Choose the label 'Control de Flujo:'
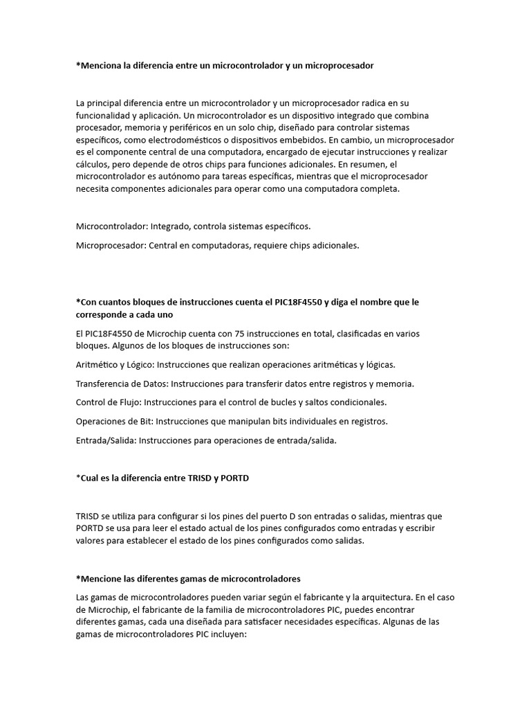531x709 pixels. (109, 402)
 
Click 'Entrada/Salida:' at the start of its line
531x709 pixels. (106, 440)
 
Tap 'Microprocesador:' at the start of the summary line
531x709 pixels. (111, 245)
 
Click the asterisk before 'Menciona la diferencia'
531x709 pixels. (78, 66)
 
